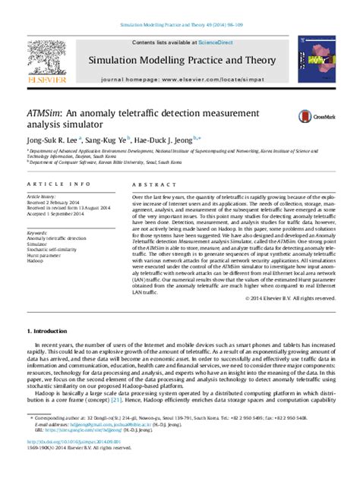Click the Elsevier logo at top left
click(48, 61)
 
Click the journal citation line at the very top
click(180, 25)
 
